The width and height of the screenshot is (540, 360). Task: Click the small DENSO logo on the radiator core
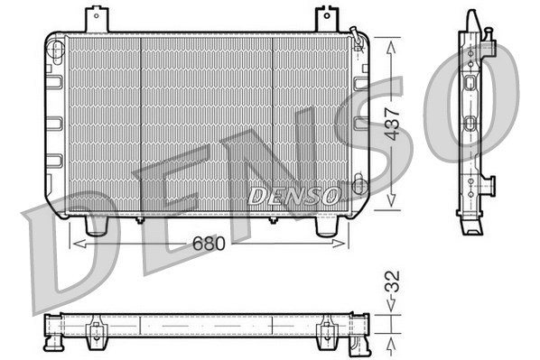tap(293, 195)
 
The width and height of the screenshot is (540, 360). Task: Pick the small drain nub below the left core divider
tap(140, 219)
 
